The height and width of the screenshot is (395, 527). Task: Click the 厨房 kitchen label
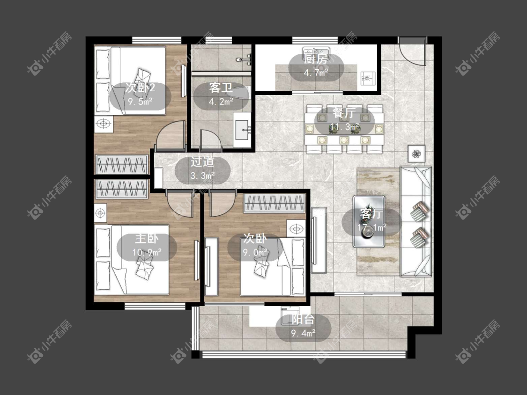pyautogui.click(x=316, y=59)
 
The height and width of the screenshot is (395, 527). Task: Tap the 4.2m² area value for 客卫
pyautogui.click(x=221, y=101)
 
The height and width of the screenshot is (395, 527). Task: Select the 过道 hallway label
pyautogui.click(x=202, y=161)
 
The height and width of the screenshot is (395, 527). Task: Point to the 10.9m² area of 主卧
pyautogui.click(x=147, y=252)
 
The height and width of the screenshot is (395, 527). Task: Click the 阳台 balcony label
pyautogui.click(x=303, y=320)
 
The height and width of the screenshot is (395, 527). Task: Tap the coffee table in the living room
pyautogui.click(x=369, y=222)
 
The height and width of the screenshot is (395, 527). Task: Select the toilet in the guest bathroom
pyautogui.click(x=245, y=59)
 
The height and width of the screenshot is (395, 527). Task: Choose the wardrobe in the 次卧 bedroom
pyautogui.click(x=275, y=203)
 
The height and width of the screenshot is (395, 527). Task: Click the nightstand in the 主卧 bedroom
pyautogui.click(x=100, y=213)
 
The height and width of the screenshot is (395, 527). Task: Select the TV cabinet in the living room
pyautogui.click(x=319, y=240)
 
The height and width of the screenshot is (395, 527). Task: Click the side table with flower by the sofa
pyautogui.click(x=417, y=154)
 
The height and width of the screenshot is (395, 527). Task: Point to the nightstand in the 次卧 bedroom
pyautogui.click(x=296, y=229)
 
